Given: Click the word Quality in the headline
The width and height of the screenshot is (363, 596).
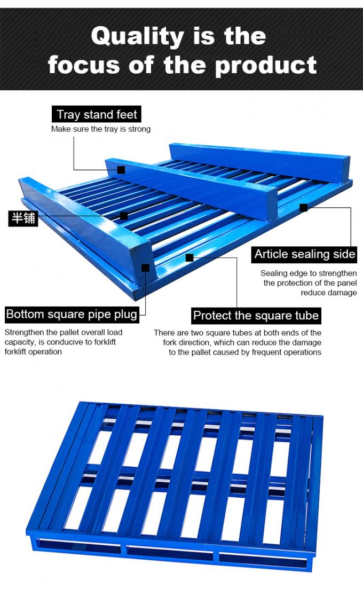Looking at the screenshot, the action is coord(138,37).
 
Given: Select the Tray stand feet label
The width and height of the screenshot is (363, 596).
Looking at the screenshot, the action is coord(97,114).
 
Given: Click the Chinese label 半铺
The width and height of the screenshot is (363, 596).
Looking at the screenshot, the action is coord(23,218).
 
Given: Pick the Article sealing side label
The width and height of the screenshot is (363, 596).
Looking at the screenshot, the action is coord(304,254).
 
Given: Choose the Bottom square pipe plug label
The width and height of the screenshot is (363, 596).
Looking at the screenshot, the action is coord(72,315).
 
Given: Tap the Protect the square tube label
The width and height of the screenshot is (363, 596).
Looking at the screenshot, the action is coord(256,316).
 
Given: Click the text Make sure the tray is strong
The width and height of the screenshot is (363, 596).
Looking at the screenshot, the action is coord(101,129).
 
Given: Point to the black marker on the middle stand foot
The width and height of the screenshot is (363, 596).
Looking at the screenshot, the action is coord(121,169).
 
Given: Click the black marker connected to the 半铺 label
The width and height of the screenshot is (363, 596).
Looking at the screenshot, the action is coord(123,216).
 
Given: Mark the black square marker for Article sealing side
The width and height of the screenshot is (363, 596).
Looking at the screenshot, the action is coord(303,208).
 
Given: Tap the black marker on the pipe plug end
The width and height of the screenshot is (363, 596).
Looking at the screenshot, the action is coord(145,268).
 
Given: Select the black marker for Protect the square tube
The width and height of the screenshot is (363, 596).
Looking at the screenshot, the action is coord(190,258).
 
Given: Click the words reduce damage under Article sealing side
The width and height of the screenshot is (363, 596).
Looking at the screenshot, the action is coord(329,293).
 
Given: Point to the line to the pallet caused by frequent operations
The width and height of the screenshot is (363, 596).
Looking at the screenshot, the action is coord(245,352).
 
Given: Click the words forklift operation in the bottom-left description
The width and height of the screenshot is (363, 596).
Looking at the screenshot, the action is coord(33,351).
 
